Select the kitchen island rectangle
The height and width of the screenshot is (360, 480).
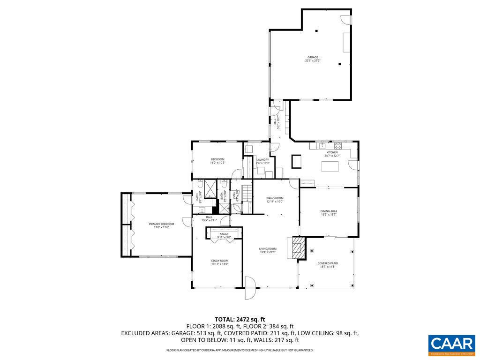coord(329,167)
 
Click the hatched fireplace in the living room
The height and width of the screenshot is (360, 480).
coord(297,247)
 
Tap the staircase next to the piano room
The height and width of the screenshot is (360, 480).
coord(247,192)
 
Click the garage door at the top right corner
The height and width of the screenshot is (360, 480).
coord(346,19)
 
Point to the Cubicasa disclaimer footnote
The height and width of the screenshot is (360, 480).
coord(240,350)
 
